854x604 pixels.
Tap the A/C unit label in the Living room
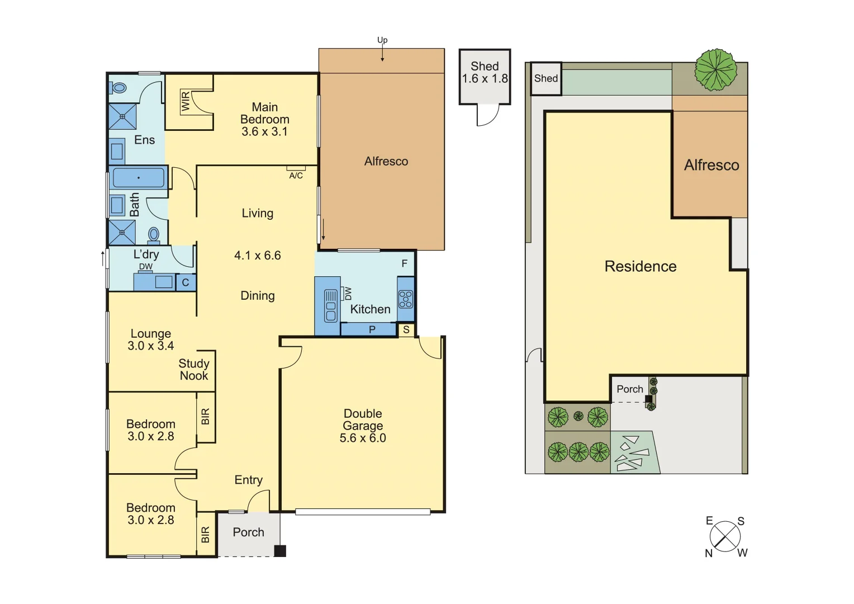click(296, 176)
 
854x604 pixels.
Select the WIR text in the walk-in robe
click(186, 102)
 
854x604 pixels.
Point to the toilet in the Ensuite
click(118, 88)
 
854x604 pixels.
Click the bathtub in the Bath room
click(139, 178)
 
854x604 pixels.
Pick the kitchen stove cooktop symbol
click(406, 299)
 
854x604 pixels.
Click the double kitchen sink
click(331, 305)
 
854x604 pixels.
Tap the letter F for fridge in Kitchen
click(405, 263)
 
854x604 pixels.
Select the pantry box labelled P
click(372, 330)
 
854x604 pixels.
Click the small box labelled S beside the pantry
click(406, 330)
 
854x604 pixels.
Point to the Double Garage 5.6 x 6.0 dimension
click(363, 438)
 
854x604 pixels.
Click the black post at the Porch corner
click(280, 551)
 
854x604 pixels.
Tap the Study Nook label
click(194, 370)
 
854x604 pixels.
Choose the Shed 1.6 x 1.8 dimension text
click(485, 79)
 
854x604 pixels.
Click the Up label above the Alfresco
click(382, 40)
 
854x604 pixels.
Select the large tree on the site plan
click(715, 70)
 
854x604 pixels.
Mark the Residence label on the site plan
click(640, 266)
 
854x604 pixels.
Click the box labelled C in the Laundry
click(186, 282)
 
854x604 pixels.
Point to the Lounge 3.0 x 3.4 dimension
click(150, 346)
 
